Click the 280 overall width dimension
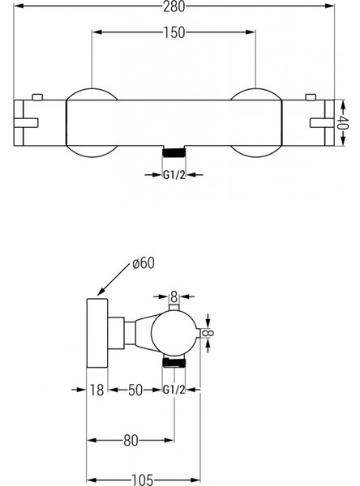tap(174, 6)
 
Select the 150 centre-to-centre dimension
tap(174, 32)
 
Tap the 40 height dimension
tap(344, 123)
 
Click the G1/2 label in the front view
tap(174, 175)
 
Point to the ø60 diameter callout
tap(143, 263)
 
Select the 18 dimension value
tap(96, 390)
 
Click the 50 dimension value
tap(135, 390)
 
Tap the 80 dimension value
tap(131, 441)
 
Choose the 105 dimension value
tap(143, 480)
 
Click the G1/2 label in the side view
tap(174, 390)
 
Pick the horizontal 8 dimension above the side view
tap(174, 297)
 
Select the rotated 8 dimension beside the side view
tap(208, 333)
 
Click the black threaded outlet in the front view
tap(174, 152)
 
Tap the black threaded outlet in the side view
tap(174, 362)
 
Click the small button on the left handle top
tap(37, 97)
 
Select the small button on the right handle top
tap(311, 97)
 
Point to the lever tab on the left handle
tap(26, 123)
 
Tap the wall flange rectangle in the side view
tap(96, 333)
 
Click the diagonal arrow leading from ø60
tap(113, 279)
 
